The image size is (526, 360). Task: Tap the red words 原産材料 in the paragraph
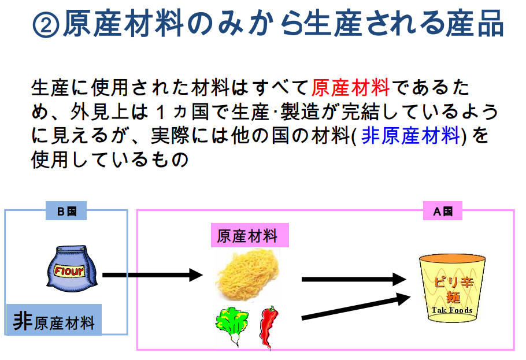coord(350,88)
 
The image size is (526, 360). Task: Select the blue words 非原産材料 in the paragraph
coord(410,136)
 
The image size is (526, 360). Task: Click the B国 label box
coord(66,211)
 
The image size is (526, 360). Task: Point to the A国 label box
coord(442,211)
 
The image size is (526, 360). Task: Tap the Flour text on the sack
coord(69,270)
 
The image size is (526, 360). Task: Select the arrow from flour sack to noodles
coord(153,275)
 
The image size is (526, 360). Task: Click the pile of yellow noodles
coord(247,276)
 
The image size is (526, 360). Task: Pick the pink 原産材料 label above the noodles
coord(250,235)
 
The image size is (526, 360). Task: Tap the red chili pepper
coord(269,327)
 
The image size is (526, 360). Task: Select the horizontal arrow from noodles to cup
coord(354,279)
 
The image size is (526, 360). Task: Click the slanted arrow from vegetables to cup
coord(356,307)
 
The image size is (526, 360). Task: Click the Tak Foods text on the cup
coord(452,310)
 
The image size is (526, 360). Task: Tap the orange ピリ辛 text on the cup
coord(453,281)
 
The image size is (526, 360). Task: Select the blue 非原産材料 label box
coord(54,320)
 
